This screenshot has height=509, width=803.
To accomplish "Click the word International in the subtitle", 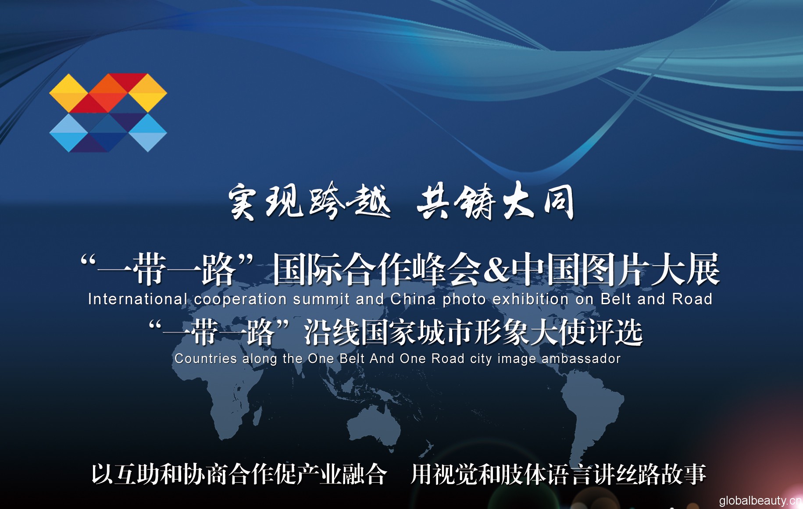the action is (138, 299).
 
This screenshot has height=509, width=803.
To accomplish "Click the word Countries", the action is (206, 359).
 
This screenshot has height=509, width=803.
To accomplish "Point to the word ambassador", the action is (582, 359).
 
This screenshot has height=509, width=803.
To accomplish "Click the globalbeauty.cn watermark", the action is (760, 500).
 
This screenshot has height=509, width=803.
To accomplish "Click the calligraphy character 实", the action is (243, 202).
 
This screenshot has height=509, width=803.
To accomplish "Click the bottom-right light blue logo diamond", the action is (147, 133).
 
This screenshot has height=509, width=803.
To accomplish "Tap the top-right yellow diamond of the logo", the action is (147, 93).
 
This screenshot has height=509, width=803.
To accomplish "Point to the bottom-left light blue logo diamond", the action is (69, 133).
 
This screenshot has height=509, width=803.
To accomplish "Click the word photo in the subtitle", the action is (464, 300).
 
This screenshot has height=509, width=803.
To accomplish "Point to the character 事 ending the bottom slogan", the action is (695, 475).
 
